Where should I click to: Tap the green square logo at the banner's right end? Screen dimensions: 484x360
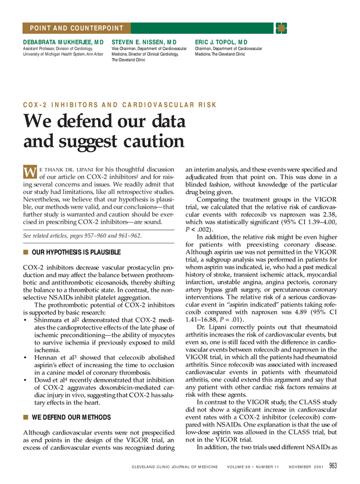[281, 28]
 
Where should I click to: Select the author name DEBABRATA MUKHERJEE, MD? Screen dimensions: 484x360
[63, 42]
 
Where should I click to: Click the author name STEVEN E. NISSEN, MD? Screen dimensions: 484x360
[143, 42]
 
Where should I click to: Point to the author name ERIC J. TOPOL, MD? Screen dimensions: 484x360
[221, 42]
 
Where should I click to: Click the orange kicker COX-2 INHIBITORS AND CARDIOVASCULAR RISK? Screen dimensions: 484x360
[120, 105]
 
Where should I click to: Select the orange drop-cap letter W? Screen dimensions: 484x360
[30, 172]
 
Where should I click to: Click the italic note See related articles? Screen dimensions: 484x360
[82, 235]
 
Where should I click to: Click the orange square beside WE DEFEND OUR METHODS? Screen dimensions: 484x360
[26, 417]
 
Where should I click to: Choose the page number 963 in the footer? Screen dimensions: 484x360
[333, 465]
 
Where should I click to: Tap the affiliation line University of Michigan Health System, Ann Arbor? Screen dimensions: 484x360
[63, 54]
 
